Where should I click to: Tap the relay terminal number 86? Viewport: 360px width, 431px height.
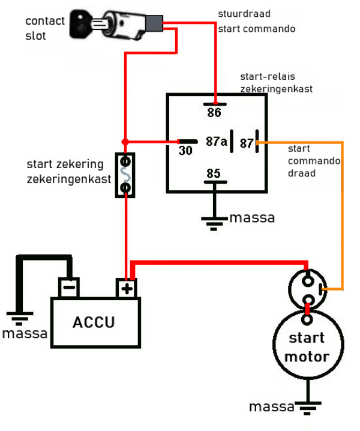pyautogui.click(x=214, y=112)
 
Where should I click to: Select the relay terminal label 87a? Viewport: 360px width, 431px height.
pyautogui.click(x=217, y=142)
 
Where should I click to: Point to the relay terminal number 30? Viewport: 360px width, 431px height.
pyautogui.click(x=185, y=151)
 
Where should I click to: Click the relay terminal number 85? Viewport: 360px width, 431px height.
pyautogui.click(x=213, y=173)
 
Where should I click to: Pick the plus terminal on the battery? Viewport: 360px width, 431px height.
pyautogui.click(x=126, y=288)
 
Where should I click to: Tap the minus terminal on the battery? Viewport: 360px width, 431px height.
pyautogui.click(x=68, y=288)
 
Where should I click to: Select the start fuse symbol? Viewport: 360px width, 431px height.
pyautogui.click(x=125, y=175)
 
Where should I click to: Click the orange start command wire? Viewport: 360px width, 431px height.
pyautogui.click(x=342, y=210)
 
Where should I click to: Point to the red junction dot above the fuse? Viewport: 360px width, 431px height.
pyautogui.click(x=125, y=142)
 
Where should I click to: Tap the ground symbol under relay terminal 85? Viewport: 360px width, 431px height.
pyautogui.click(x=212, y=223)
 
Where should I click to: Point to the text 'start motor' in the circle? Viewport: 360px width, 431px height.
pyautogui.click(x=307, y=347)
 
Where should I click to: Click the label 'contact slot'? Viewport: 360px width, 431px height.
pyautogui.click(x=44, y=28)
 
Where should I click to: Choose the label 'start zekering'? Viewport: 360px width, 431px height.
pyautogui.click(x=65, y=164)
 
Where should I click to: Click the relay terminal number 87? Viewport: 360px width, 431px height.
pyautogui.click(x=247, y=142)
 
